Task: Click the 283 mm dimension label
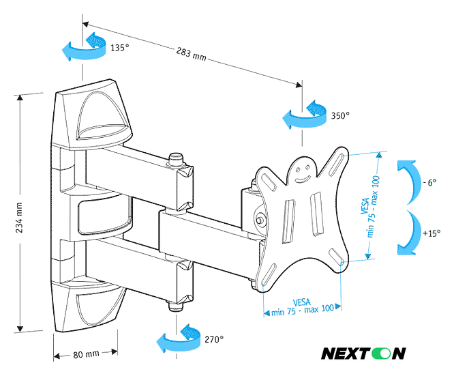190,53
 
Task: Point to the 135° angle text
119,48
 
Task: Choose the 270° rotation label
213,339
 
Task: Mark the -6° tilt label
429,183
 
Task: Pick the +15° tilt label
430,233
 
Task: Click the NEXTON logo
363,353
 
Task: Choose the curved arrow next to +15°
408,232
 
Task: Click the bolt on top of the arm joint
177,159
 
